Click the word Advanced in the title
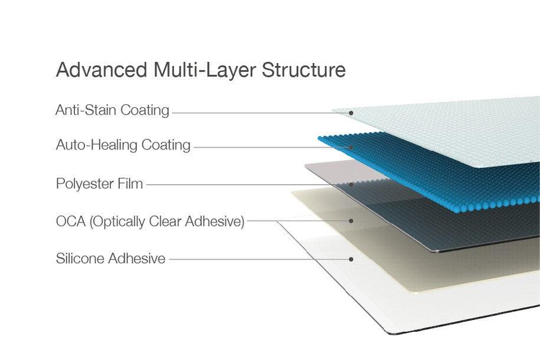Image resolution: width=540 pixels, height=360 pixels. pos(102,70)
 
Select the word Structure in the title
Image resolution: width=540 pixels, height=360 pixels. pos(304,70)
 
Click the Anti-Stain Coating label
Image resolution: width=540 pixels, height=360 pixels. pos(112,110)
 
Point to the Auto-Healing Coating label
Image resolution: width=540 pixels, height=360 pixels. pos(123,145)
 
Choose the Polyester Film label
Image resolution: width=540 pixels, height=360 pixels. pos(99,184)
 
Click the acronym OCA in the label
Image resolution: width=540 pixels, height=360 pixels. pos(71,221)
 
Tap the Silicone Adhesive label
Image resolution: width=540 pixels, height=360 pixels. pos(110,258)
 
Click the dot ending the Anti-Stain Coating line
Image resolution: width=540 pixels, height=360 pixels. pos(351,113)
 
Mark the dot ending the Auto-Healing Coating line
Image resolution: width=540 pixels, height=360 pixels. pos(351,148)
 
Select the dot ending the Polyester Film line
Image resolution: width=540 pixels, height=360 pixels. pos(351,185)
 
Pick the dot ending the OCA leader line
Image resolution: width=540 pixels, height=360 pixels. pos(351,221)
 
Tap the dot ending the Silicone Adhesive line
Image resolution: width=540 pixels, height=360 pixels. pos(351,259)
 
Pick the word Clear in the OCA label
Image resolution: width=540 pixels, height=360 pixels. pos(165,221)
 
